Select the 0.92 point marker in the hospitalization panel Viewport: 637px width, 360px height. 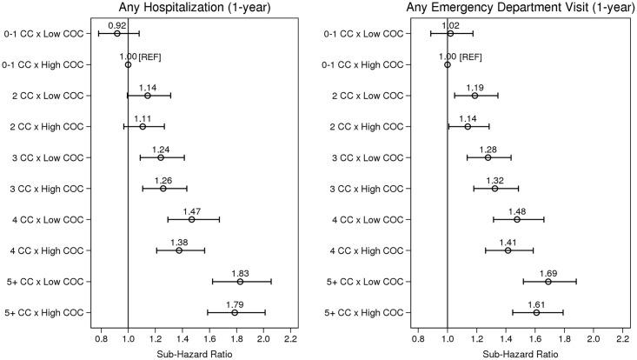point(117,33)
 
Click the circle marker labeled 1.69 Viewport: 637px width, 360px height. point(548,282)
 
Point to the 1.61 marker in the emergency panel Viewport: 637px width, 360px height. point(536,312)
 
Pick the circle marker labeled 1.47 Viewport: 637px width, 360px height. point(191,219)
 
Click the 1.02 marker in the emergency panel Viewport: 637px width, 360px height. point(450,33)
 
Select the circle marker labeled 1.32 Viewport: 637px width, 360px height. point(494,189)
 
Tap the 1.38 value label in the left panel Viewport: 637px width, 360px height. point(179,241)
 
